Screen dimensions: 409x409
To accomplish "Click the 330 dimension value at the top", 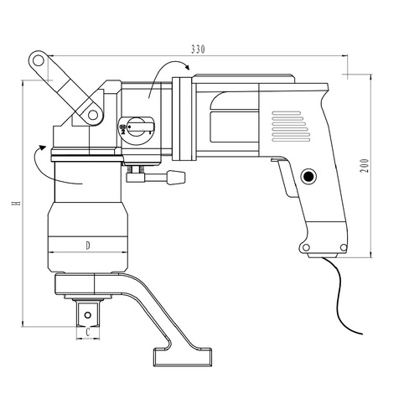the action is pyautogui.click(x=198, y=49).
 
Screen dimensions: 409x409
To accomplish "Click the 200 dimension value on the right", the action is pyautogui.click(x=364, y=165).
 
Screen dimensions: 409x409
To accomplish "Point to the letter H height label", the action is pyautogui.click(x=17, y=203).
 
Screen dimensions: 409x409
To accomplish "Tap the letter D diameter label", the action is pyautogui.click(x=88, y=246).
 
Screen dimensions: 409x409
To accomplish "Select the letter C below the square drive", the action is pyautogui.click(x=88, y=333).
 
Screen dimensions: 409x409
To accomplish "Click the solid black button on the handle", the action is pyautogui.click(x=308, y=176).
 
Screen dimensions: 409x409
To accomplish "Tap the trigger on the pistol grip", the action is pyautogui.click(x=285, y=178).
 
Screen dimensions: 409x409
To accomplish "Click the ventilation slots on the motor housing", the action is pyautogui.click(x=291, y=127).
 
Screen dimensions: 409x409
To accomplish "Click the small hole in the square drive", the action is pyautogui.click(x=87, y=315).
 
